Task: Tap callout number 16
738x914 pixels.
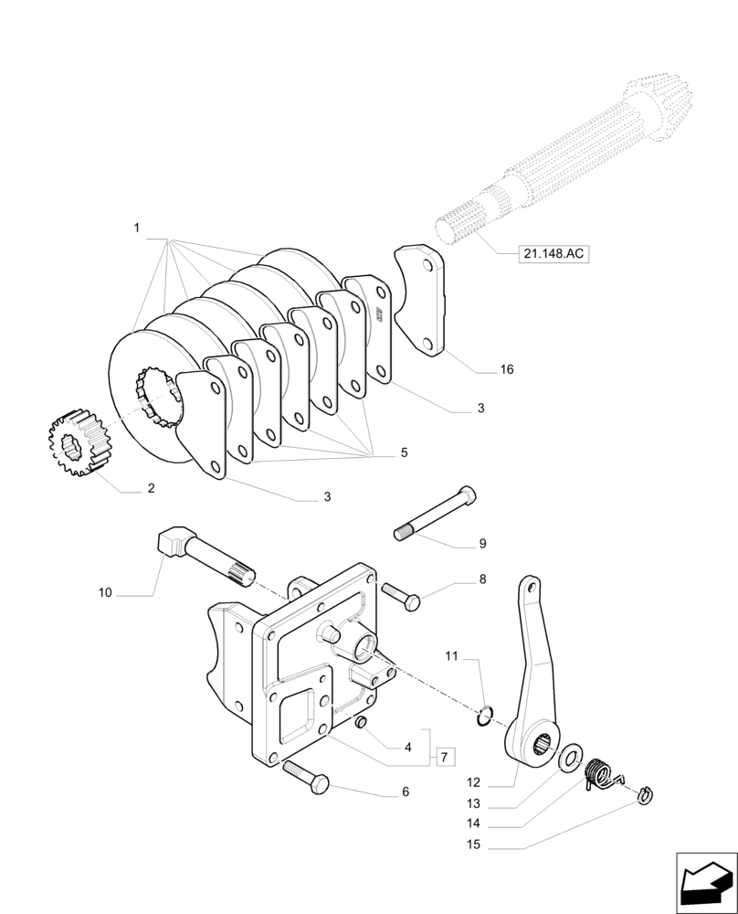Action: click(x=507, y=369)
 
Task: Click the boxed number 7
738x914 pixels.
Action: click(x=445, y=757)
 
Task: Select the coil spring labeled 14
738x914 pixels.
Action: click(x=599, y=772)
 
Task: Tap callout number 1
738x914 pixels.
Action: click(x=136, y=228)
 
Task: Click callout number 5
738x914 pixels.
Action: click(x=404, y=452)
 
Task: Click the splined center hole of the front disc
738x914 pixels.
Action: click(x=157, y=394)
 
